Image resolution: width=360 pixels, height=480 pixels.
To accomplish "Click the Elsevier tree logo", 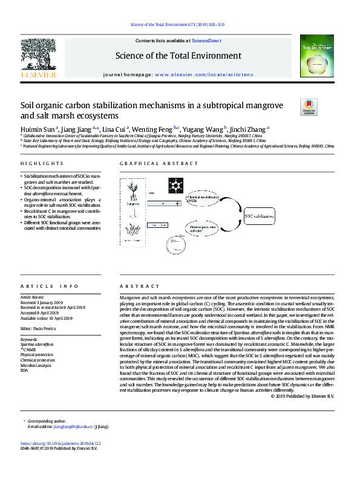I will pos(38,56).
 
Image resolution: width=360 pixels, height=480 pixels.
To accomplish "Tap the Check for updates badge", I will pos(309,108).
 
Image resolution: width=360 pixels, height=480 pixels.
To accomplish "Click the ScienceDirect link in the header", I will pos(208,41).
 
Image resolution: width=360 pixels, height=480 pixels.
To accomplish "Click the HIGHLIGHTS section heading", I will pos(42,164).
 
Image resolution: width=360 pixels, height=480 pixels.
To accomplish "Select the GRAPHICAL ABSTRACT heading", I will pos(151,164).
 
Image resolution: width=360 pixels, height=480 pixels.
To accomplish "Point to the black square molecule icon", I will pos(176,184).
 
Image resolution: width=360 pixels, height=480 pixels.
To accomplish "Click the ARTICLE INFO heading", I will pos(50,286).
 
